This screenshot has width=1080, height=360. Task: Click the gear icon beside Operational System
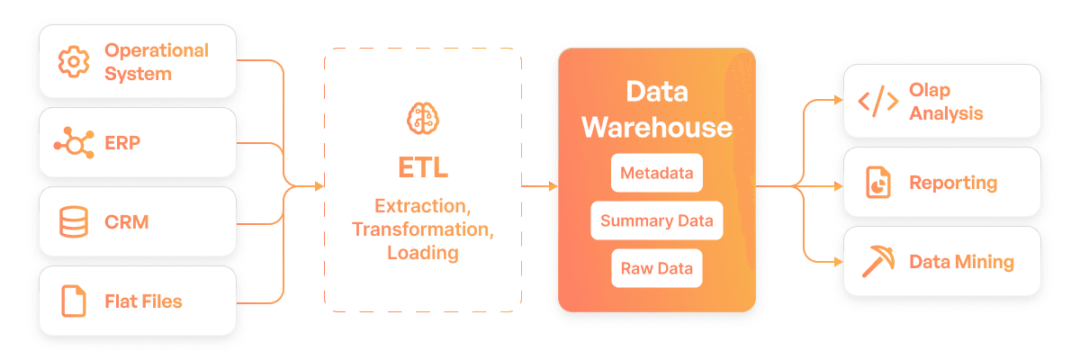pyautogui.click(x=74, y=62)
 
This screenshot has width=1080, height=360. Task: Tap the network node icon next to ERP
pyautogui.click(x=74, y=142)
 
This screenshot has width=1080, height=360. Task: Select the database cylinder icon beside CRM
pyautogui.click(x=74, y=221)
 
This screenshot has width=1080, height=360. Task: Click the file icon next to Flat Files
pyautogui.click(x=74, y=301)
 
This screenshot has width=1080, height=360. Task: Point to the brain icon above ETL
pyautogui.click(x=422, y=118)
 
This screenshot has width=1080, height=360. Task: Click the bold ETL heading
pyautogui.click(x=422, y=168)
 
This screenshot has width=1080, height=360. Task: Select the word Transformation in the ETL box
pyautogui.click(x=422, y=229)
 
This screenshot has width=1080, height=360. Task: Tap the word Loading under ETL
pyautogui.click(x=422, y=253)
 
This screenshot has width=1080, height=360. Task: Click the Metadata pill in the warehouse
pyautogui.click(x=657, y=173)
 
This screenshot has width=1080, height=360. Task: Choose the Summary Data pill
pyautogui.click(x=657, y=220)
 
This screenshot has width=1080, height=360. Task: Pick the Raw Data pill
pyautogui.click(x=657, y=268)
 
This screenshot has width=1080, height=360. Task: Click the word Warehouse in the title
pyautogui.click(x=657, y=127)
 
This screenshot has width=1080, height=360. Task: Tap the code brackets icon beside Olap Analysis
pyautogui.click(x=878, y=102)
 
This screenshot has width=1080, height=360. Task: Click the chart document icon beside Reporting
pyautogui.click(x=878, y=183)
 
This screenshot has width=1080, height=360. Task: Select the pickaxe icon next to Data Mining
pyautogui.click(x=878, y=262)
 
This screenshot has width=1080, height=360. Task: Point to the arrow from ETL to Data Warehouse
pyautogui.click(x=540, y=186)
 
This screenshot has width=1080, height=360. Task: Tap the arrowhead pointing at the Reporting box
pyautogui.click(x=839, y=186)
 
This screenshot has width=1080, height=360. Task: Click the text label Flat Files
pyautogui.click(x=143, y=301)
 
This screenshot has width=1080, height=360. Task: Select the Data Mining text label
pyautogui.click(x=961, y=262)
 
